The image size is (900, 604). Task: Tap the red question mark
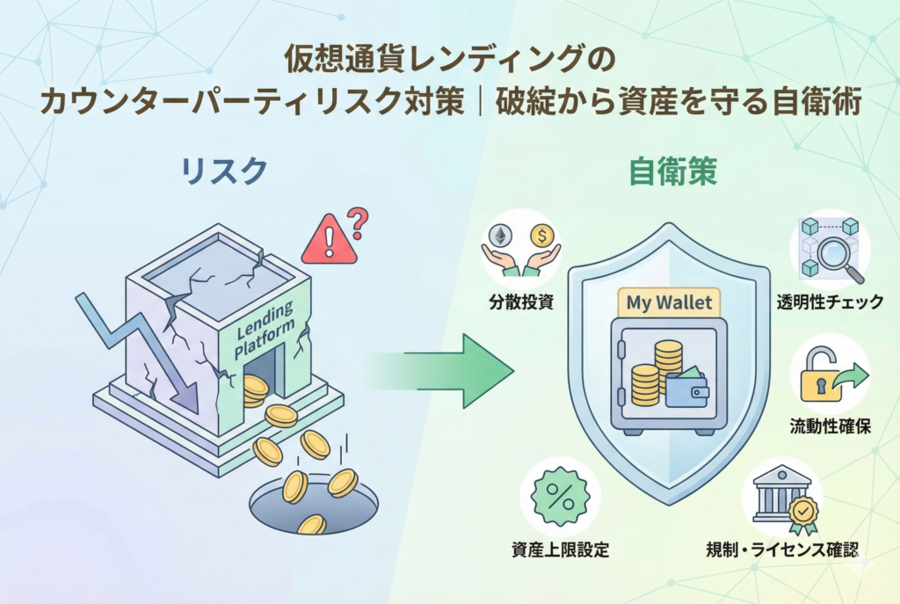click(x=357, y=222)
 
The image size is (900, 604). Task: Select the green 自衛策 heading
click(x=673, y=171)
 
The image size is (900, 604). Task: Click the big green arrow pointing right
click(x=439, y=369)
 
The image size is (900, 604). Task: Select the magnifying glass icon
click(x=831, y=254)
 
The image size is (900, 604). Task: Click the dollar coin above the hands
click(x=542, y=236)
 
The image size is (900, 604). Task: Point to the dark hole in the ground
click(x=312, y=506)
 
